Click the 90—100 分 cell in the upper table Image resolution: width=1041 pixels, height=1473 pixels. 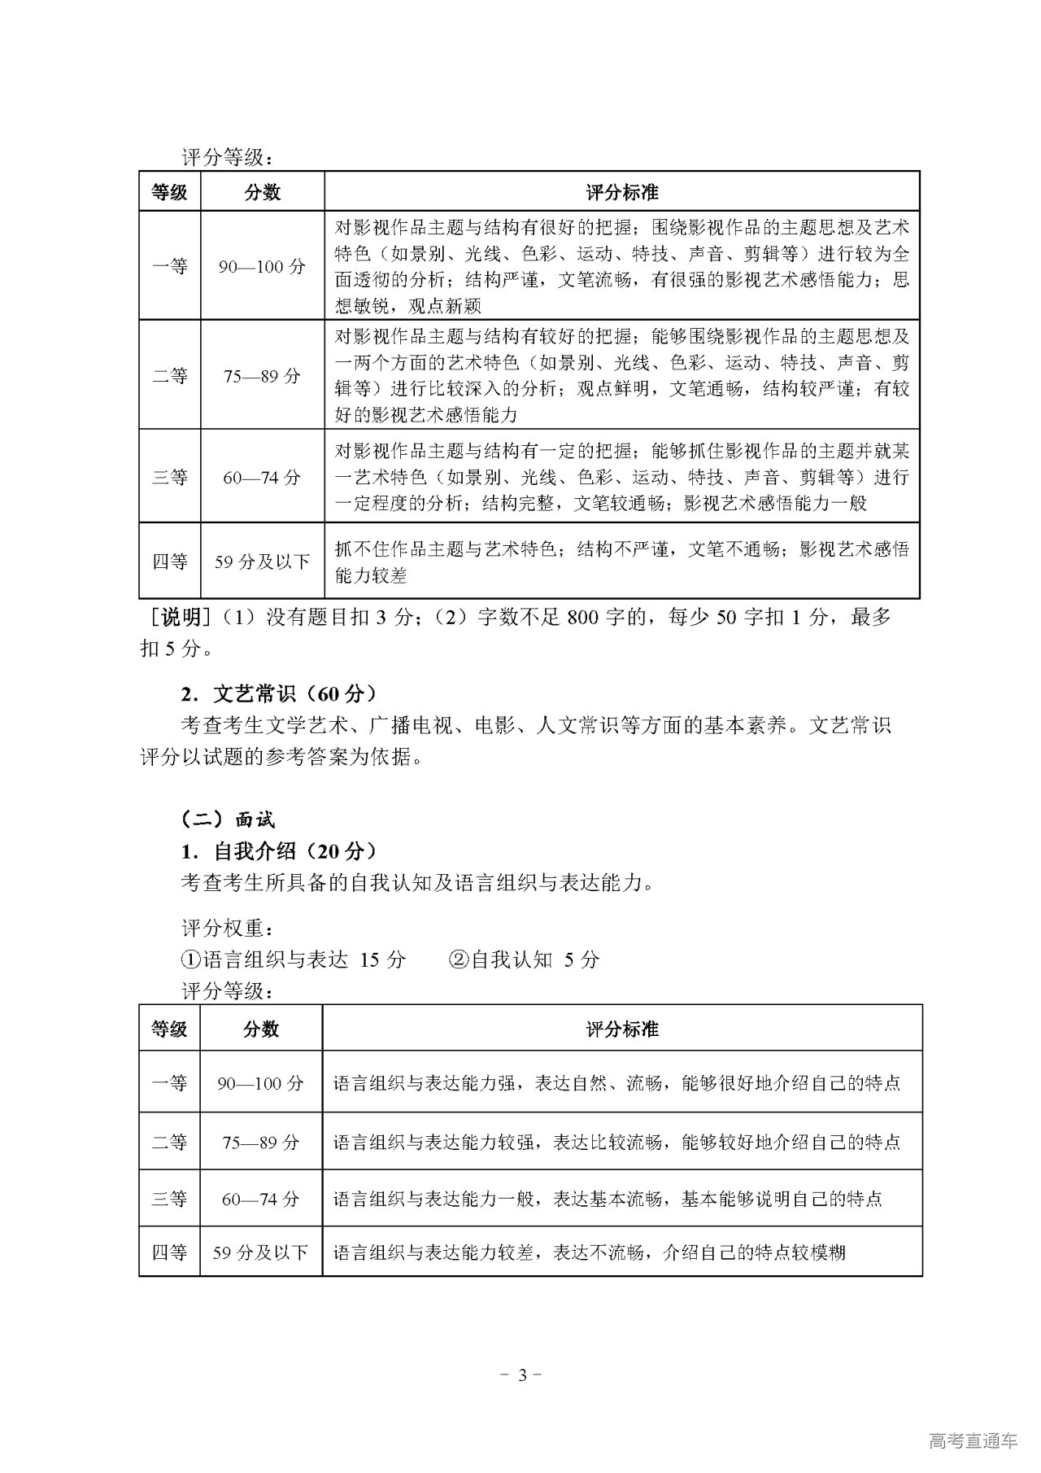pos(262,267)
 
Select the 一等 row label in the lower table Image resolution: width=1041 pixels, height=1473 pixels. pos(169,1083)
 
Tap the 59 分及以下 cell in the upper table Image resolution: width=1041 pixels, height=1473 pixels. pos(262,562)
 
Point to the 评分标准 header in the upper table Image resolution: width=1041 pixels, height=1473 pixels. pos(621,193)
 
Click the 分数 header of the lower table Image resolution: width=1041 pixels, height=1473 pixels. pos(260,1029)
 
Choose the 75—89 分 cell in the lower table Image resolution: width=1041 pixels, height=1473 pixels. pos(260,1143)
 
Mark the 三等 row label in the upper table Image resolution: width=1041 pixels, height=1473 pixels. pos(169,477)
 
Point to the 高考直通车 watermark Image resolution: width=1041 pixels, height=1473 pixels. pos(972,1441)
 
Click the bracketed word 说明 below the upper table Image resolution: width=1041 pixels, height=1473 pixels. pos(181,618)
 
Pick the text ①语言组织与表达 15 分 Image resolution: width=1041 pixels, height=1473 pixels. pos(293,959)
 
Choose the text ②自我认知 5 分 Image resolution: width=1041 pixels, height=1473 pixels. pos(524,959)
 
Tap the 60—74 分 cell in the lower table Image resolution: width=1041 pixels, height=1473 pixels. pos(260,1199)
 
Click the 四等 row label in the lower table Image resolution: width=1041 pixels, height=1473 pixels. pos(169,1252)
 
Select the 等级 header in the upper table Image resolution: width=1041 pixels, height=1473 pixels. pos(169,193)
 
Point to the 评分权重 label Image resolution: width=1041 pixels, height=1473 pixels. pos(227,928)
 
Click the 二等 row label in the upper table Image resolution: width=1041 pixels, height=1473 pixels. pos(169,376)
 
